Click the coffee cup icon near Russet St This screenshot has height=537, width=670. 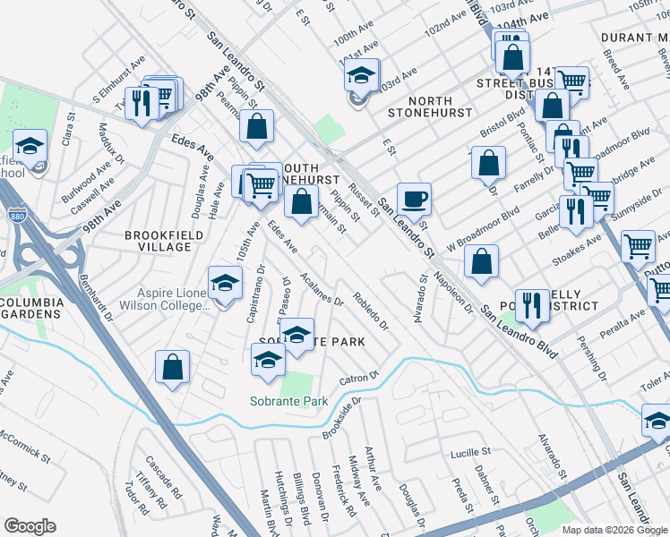coord(414,198)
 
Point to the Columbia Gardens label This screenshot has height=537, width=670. coord(32,308)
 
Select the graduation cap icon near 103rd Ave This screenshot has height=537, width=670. coord(362,75)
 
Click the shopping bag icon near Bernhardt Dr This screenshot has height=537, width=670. coord(172,366)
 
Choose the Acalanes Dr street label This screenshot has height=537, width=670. coord(323,288)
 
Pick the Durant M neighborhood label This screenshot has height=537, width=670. coord(635,38)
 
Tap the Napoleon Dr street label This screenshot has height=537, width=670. coord(453,293)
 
